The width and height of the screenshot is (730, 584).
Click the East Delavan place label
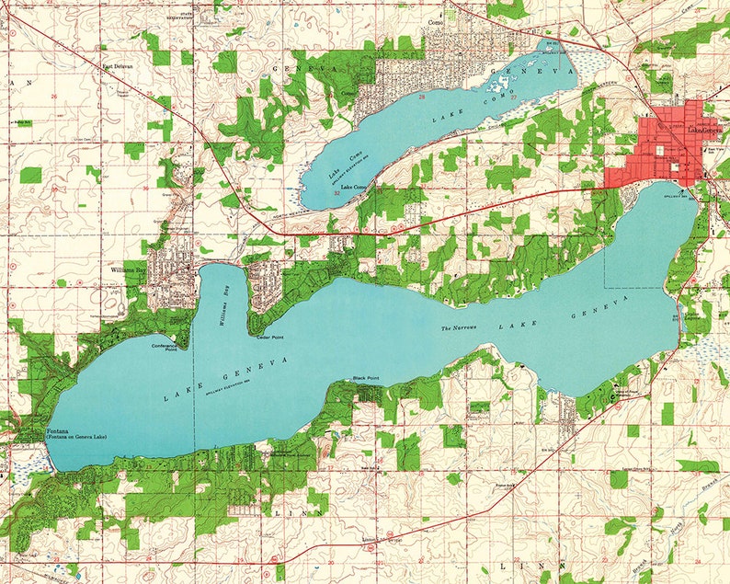tap(117, 66)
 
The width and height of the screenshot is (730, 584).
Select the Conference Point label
tap(165, 347)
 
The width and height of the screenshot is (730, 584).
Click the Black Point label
tap(366, 379)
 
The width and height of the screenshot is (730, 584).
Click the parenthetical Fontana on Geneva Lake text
tap(76, 437)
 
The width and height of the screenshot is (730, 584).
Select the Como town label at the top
tap(436, 23)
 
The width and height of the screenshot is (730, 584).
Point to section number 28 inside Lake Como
tap(422, 96)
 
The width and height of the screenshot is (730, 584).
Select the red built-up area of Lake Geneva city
tap(662, 147)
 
